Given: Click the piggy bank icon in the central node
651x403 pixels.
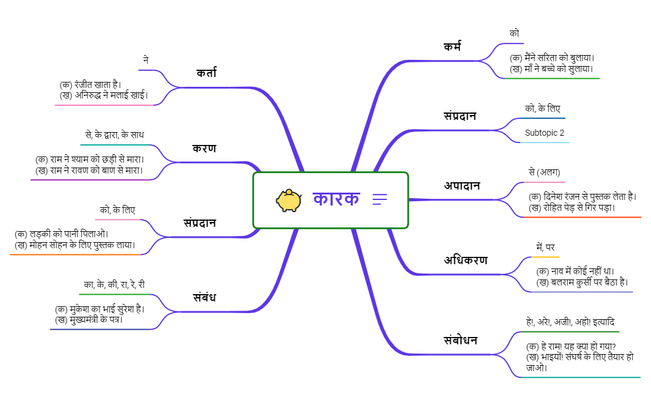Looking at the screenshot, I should (289, 200).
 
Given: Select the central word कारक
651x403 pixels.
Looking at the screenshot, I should (336, 199).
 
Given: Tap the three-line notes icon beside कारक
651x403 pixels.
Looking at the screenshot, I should (380, 199).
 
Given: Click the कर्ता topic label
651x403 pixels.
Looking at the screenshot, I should (206, 73).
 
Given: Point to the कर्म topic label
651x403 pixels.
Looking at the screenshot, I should (452, 46).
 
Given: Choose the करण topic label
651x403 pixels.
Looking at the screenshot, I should (204, 149).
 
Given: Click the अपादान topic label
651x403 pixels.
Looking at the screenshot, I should (462, 185).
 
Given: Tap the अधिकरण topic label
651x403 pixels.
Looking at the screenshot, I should (466, 260).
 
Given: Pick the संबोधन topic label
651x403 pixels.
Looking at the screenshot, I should (460, 340).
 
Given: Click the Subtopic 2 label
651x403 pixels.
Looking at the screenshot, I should (544, 133).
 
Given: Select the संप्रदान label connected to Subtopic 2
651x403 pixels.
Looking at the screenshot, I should (460, 116).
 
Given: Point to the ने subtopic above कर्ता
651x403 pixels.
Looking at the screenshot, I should (145, 60).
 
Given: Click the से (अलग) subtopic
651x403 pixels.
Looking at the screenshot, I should (544, 172).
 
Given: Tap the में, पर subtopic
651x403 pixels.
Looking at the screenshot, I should (545, 247).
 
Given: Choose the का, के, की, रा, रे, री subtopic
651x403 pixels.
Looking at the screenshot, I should (114, 284).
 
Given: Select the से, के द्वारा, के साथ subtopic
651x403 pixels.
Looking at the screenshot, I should (115, 135).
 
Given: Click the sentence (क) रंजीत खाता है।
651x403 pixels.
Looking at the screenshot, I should (90, 84).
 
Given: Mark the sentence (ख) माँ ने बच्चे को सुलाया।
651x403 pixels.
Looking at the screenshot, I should (552, 69).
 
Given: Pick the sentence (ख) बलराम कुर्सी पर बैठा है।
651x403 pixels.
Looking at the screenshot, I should (582, 282).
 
